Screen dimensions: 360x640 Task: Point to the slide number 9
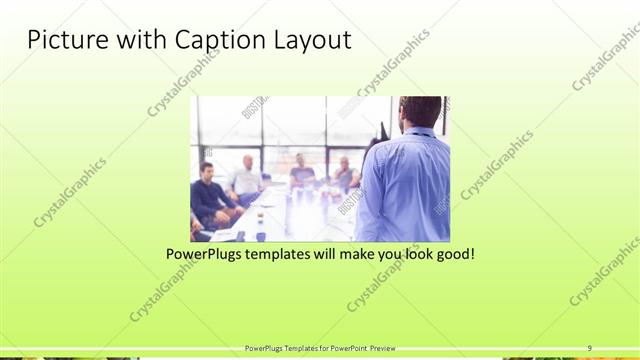click(x=589, y=347)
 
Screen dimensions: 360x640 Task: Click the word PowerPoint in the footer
click(x=346, y=347)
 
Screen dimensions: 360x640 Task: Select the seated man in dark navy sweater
click(x=208, y=195)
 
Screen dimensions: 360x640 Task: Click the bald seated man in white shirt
click(x=246, y=177)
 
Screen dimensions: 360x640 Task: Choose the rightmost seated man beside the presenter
click(x=344, y=174)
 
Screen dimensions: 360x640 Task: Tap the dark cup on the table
click(x=260, y=234)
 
